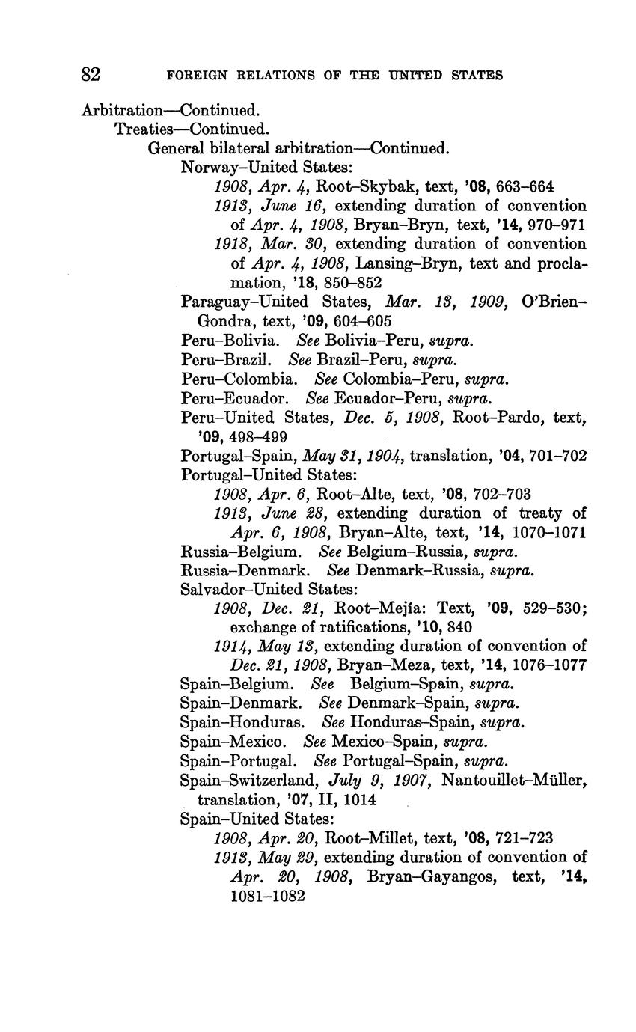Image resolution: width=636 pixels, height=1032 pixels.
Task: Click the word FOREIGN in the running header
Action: pyautogui.click(x=195, y=75)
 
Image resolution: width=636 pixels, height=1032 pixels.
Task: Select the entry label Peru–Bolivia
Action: pyautogui.click(x=230, y=340)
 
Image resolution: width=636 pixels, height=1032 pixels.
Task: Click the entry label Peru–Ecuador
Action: pyautogui.click(x=234, y=398)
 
